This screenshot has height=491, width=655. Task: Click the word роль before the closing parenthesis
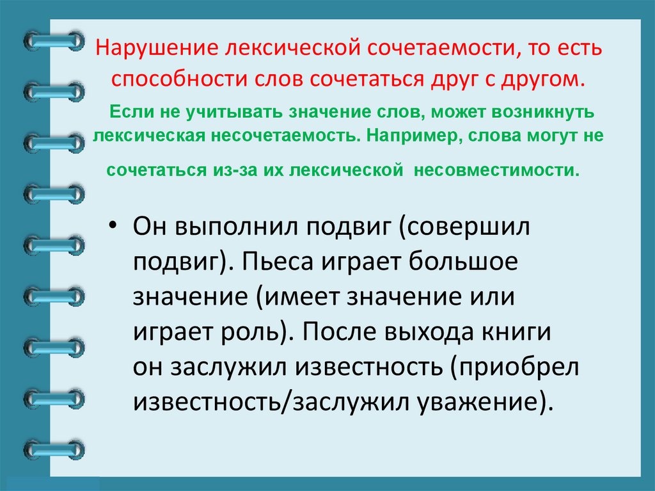point(249,333)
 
